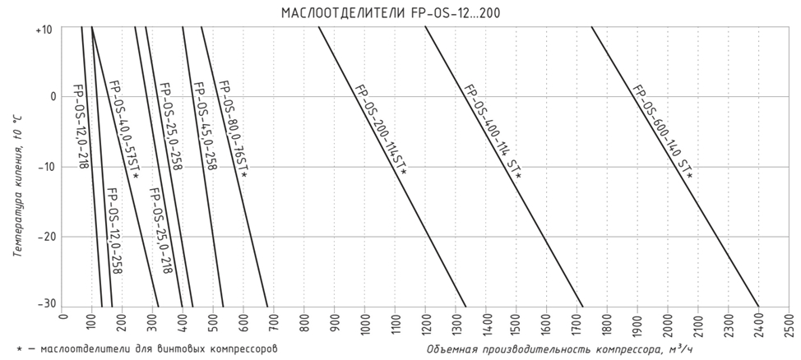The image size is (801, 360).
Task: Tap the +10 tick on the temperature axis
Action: (x=44, y=30)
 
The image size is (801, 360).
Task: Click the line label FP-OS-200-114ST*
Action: (x=380, y=129)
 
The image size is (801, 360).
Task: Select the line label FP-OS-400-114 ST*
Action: (x=492, y=131)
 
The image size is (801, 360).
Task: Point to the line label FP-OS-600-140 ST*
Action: (x=662, y=132)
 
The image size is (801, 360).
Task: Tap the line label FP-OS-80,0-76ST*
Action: (x=233, y=129)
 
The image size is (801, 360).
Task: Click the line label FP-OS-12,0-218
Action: (x=80, y=125)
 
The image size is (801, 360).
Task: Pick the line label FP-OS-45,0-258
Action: (x=203, y=125)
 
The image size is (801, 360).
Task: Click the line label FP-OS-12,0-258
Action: (x=114, y=230)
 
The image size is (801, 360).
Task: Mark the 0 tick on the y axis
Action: (x=51, y=97)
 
